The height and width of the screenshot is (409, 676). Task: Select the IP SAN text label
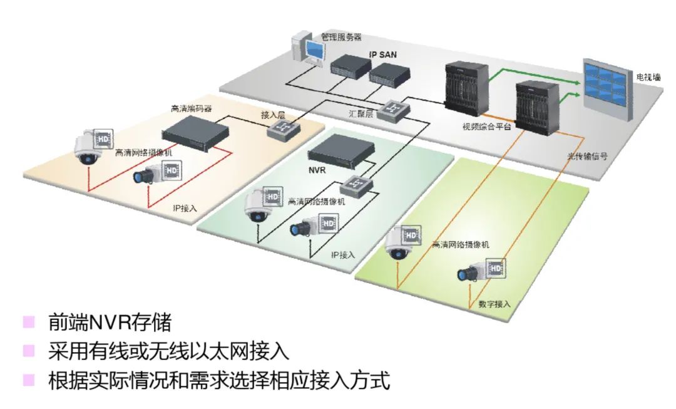(382, 55)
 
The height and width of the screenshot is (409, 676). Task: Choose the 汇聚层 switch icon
(396, 110)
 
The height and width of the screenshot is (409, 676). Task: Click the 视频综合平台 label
(487, 127)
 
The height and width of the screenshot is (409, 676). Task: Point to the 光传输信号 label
(587, 157)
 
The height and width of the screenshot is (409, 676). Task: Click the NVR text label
(318, 170)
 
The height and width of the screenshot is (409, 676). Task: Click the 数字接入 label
(494, 304)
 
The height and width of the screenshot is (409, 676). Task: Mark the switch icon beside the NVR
(357, 185)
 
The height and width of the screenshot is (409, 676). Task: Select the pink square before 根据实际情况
(29, 380)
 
